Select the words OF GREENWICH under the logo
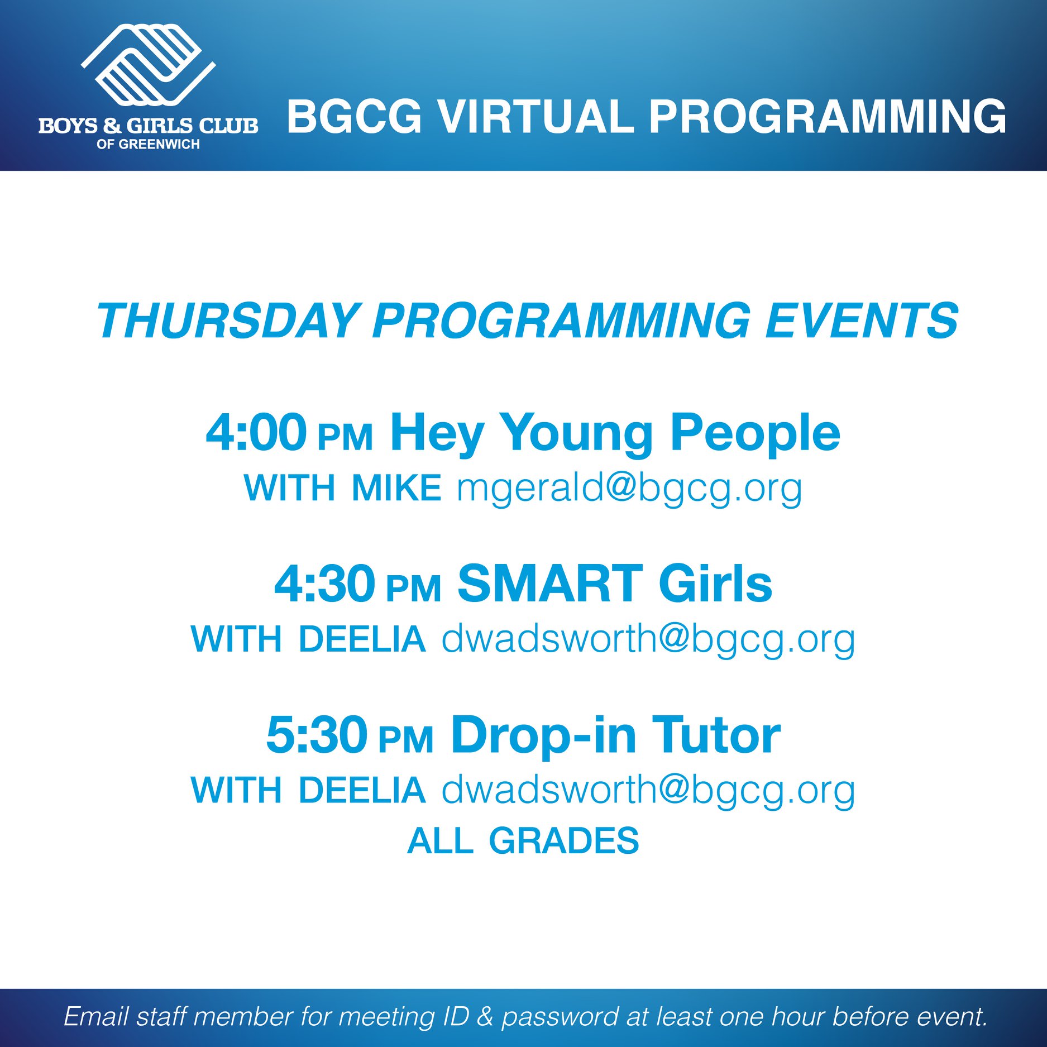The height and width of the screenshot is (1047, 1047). (x=148, y=144)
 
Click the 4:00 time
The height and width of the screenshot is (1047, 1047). (x=256, y=432)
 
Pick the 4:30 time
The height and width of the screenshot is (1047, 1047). (x=325, y=584)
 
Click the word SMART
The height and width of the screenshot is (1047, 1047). (x=550, y=584)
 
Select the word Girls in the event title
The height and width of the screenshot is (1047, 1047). (x=715, y=584)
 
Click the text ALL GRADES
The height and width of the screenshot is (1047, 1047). (x=523, y=841)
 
